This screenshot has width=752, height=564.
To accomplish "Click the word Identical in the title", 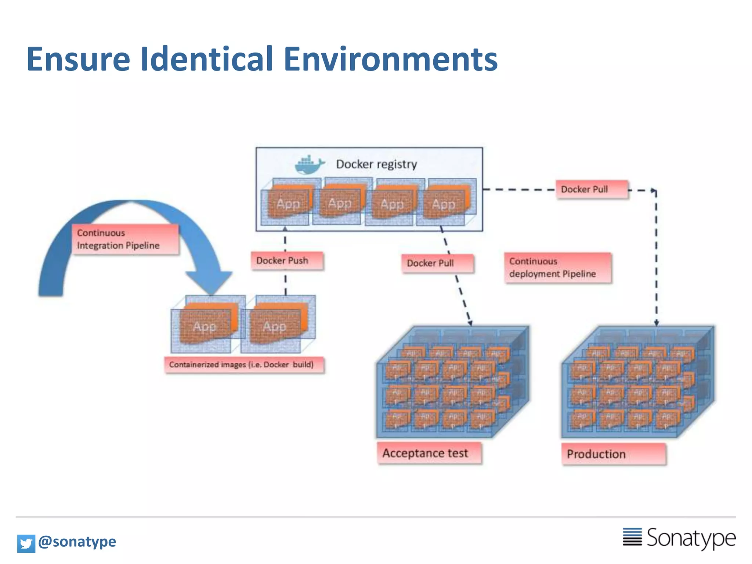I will click(207, 59).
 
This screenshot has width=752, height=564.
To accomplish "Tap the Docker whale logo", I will click(309, 165).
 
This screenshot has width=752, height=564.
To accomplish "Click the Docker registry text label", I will click(376, 164).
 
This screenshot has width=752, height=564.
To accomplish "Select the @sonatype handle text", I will click(77, 542).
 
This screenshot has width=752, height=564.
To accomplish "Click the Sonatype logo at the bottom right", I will click(679, 538).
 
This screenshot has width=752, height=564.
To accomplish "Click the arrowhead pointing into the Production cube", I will click(657, 323).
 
